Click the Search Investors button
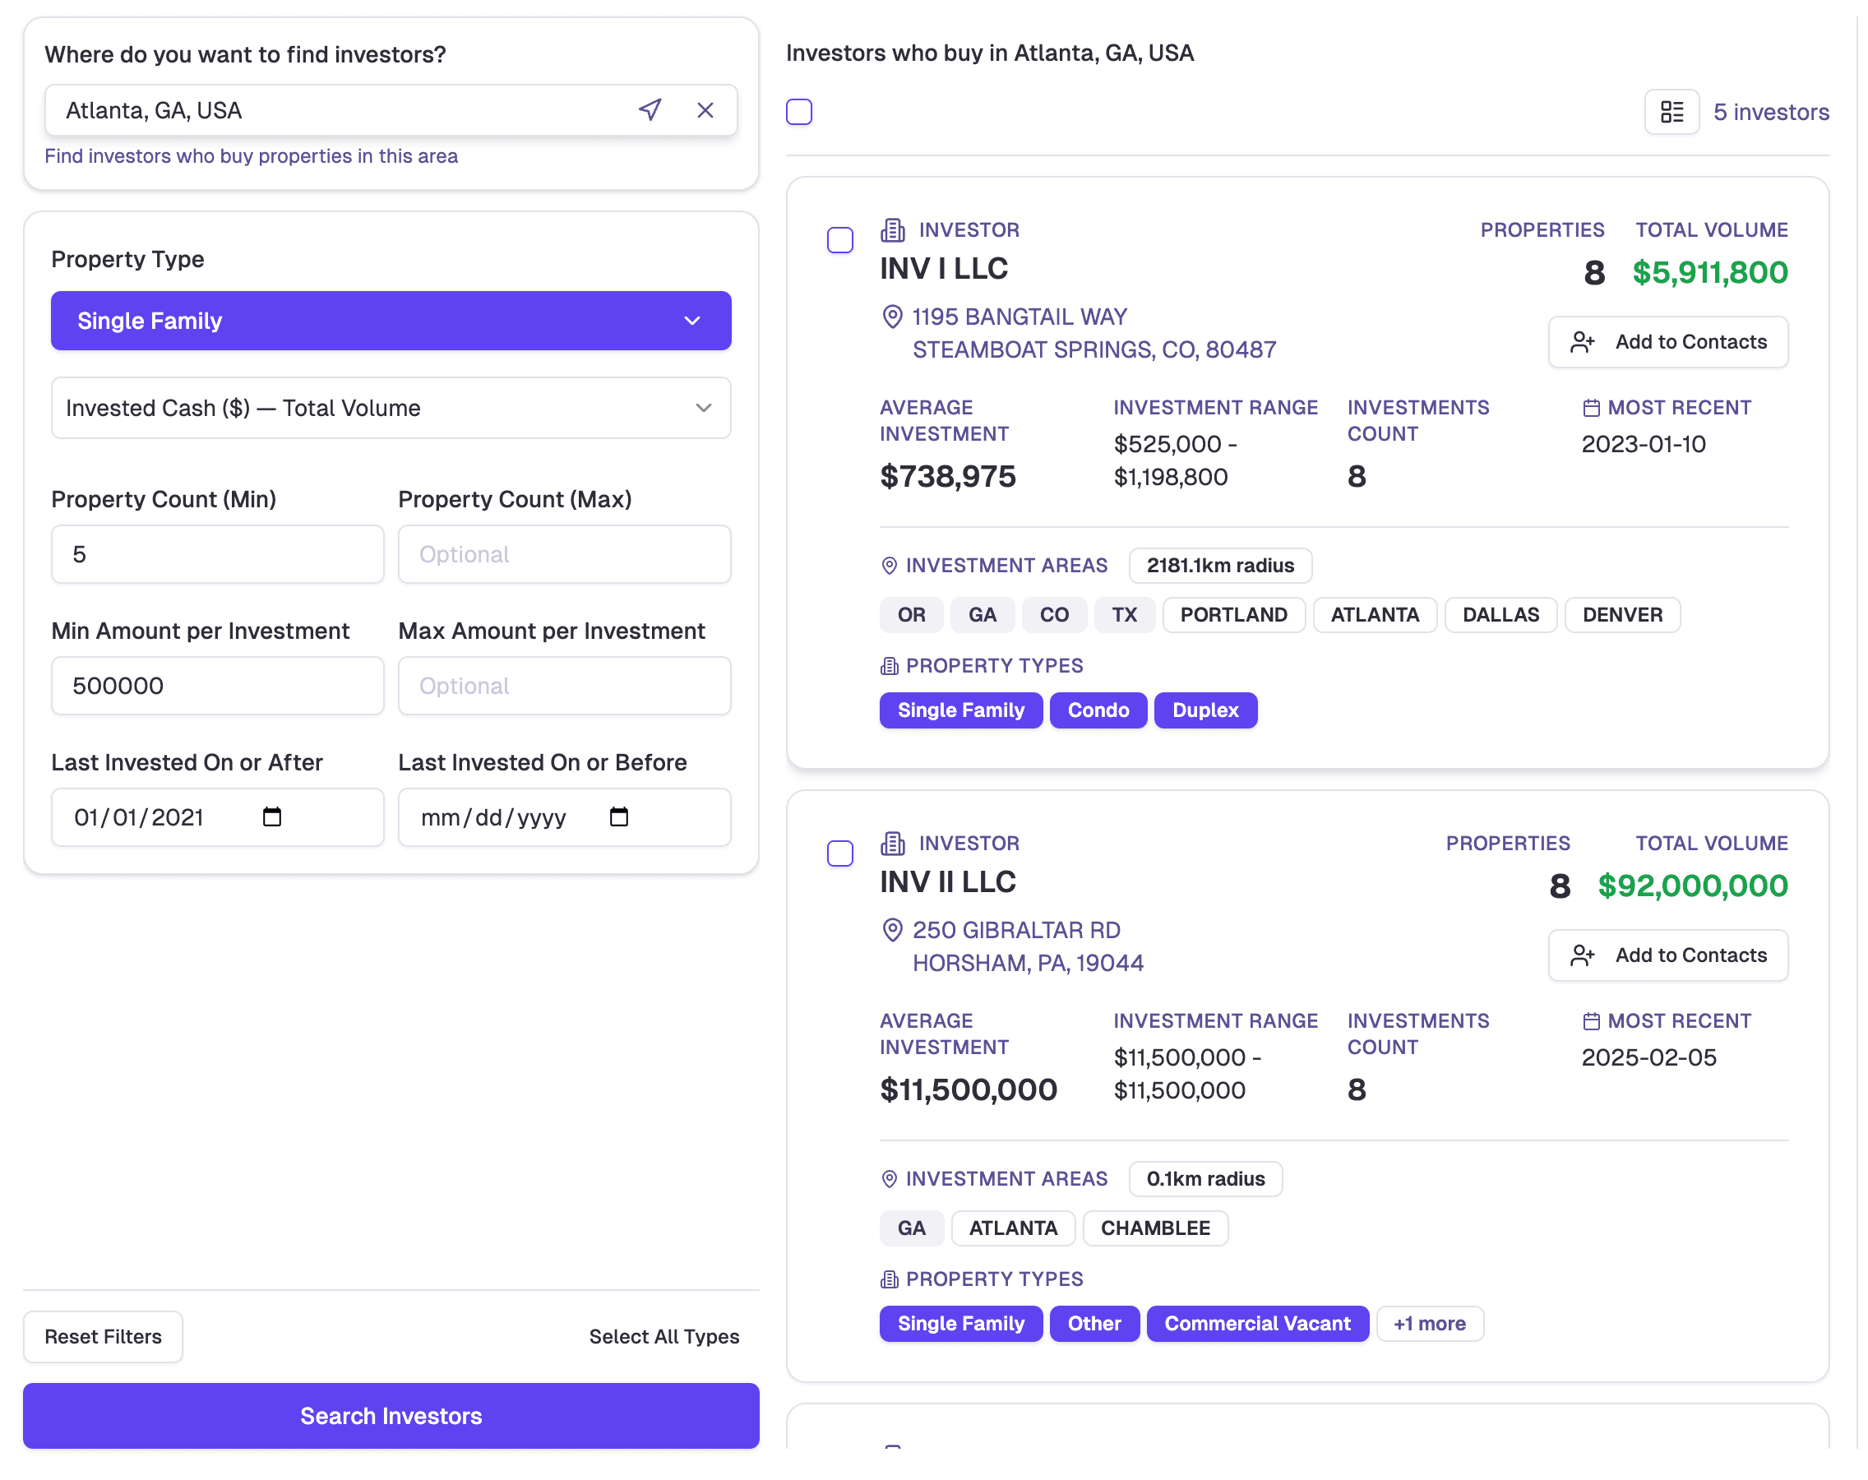click(x=391, y=1415)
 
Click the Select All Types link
click(x=664, y=1336)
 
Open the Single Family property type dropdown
click(x=391, y=321)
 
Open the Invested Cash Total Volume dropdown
click(x=391, y=408)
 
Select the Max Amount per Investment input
click(x=564, y=687)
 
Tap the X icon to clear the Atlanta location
click(x=705, y=110)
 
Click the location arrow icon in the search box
click(x=650, y=110)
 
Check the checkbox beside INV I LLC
click(x=839, y=240)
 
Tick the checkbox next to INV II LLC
click(x=839, y=853)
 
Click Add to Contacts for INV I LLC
click(x=1668, y=342)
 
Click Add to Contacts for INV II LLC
click(x=1668, y=955)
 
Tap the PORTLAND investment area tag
click(x=1233, y=615)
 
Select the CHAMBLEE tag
click(x=1155, y=1228)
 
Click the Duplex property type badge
click(x=1205, y=710)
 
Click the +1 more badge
click(x=1430, y=1324)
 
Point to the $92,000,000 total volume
click(x=1692, y=886)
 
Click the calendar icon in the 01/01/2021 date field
click(x=272, y=817)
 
